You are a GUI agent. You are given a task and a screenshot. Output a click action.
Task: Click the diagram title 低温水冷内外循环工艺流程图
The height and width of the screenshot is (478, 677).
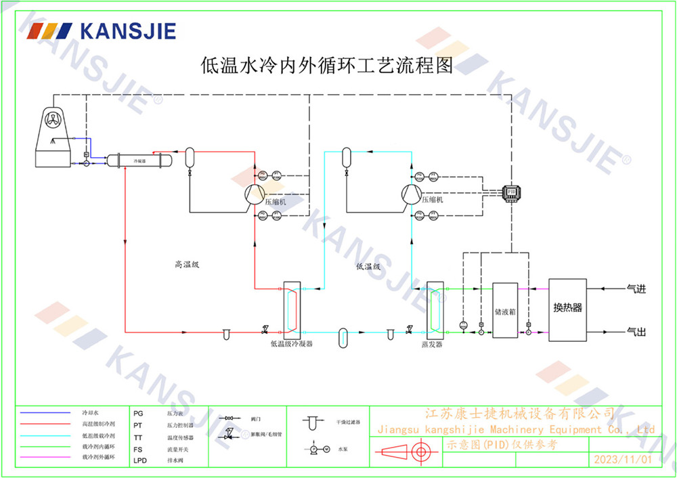(327, 66)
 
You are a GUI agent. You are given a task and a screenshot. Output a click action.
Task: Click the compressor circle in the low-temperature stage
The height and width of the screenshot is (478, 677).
(411, 195)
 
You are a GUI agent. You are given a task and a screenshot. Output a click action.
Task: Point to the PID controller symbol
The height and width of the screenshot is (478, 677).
(511, 194)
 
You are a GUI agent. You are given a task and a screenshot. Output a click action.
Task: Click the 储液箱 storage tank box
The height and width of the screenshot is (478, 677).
(504, 311)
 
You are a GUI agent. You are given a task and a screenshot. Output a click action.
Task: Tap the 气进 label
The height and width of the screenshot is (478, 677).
(637, 289)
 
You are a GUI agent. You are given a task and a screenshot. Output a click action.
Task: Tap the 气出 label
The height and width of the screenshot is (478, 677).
(637, 332)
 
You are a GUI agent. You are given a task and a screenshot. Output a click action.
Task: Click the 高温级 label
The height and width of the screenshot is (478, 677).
(187, 265)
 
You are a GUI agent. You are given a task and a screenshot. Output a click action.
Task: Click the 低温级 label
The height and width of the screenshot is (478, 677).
(368, 267)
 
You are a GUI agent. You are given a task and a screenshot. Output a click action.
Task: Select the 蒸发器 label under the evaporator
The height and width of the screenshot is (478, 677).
(431, 345)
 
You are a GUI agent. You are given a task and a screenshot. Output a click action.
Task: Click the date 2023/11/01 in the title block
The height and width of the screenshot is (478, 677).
(622, 460)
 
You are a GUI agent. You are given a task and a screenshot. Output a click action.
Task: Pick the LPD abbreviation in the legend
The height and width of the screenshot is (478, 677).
(139, 458)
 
